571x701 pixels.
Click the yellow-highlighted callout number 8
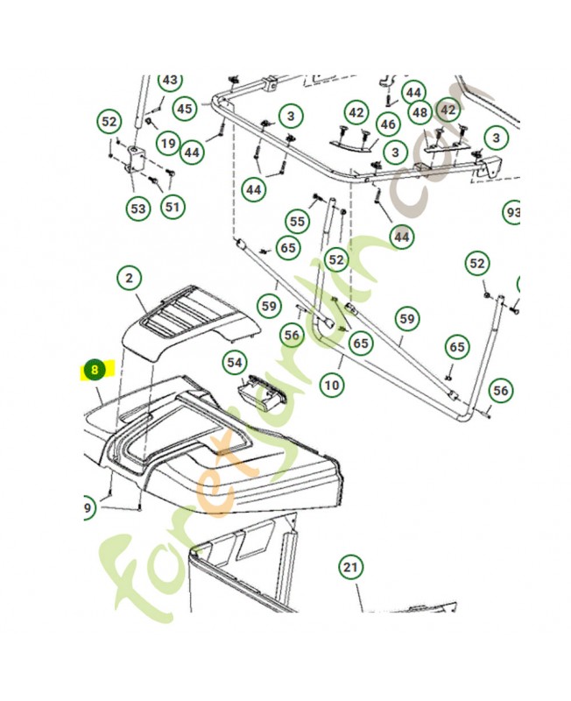tap(93, 371)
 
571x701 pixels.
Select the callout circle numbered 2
tap(130, 279)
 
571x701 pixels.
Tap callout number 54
tap(234, 362)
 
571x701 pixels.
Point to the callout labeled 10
tap(330, 384)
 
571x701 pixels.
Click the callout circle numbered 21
tap(350, 568)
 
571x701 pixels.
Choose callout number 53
tap(137, 209)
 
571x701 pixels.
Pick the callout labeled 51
tap(172, 207)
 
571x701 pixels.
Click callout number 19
tap(168, 143)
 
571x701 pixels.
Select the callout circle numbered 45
tap(185, 110)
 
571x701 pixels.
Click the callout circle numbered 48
tap(419, 112)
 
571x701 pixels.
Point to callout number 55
tap(298, 222)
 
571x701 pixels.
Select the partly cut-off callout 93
tap(513, 213)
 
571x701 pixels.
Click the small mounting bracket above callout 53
tap(133, 161)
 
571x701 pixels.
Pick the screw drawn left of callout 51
tap(156, 181)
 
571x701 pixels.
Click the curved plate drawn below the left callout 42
tap(349, 140)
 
